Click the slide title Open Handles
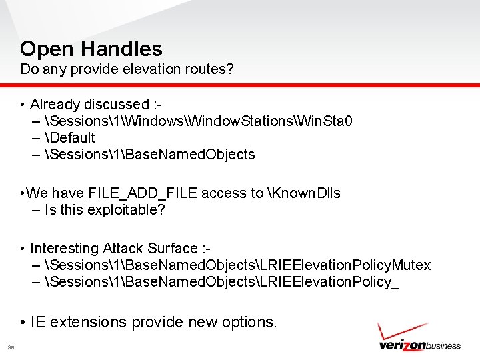pyautogui.click(x=91, y=49)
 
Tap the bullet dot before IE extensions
pyautogui.click(x=23, y=323)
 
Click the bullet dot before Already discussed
pyautogui.click(x=23, y=105)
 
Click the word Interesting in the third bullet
pyautogui.click(x=65, y=249)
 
